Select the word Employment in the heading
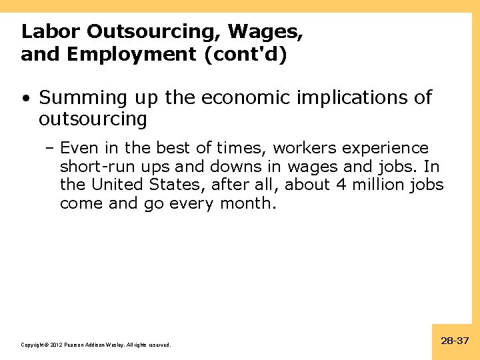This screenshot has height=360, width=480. [x=133, y=54]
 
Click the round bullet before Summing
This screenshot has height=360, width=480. [x=25, y=99]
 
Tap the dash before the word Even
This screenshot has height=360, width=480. [x=52, y=148]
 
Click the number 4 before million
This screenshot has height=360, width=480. [x=341, y=184]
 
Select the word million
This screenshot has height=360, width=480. [x=379, y=184]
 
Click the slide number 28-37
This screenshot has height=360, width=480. [x=455, y=341]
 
